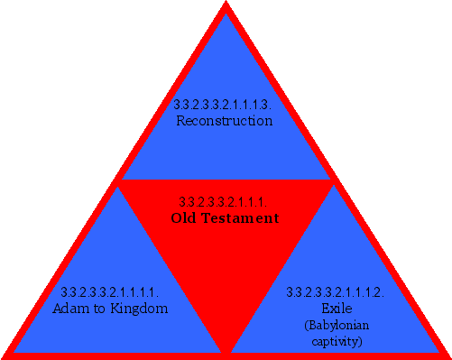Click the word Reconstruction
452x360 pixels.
coord(225,121)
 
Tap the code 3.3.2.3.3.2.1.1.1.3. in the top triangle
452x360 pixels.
coord(224,105)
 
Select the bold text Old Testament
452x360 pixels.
coord(226,218)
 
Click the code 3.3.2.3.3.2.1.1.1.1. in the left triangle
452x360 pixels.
coord(110,292)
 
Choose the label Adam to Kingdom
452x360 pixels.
coord(110,309)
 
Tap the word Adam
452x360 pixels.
coord(71,309)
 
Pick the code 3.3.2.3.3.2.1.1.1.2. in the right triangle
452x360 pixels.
coord(336,292)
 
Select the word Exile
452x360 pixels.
coord(336,309)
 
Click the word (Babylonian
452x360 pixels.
coord(336,325)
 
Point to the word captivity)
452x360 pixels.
coord(336,341)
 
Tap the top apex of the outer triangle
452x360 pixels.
coord(226,5)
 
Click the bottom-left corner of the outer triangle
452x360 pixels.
coord(5,355)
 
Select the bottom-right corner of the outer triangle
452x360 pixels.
coord(447,355)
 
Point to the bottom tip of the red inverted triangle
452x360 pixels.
coord(226,352)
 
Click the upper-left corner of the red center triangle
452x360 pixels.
coord(118,181)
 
